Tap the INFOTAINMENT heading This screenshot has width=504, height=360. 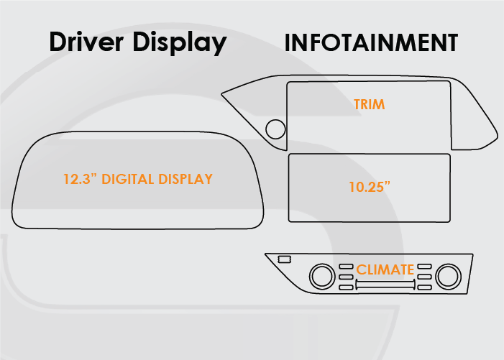(x=371, y=42)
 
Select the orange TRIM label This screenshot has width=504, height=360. (x=369, y=104)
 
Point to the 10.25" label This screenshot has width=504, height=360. (x=369, y=185)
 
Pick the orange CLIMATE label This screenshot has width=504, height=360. (x=385, y=270)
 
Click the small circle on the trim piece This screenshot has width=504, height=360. (x=275, y=130)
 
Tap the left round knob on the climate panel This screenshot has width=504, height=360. (x=321, y=275)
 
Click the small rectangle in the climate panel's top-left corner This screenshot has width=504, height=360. (x=284, y=259)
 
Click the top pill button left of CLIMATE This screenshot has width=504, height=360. (x=347, y=267)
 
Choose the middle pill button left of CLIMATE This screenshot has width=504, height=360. (x=347, y=277)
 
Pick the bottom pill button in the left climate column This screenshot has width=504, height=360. (x=347, y=287)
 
